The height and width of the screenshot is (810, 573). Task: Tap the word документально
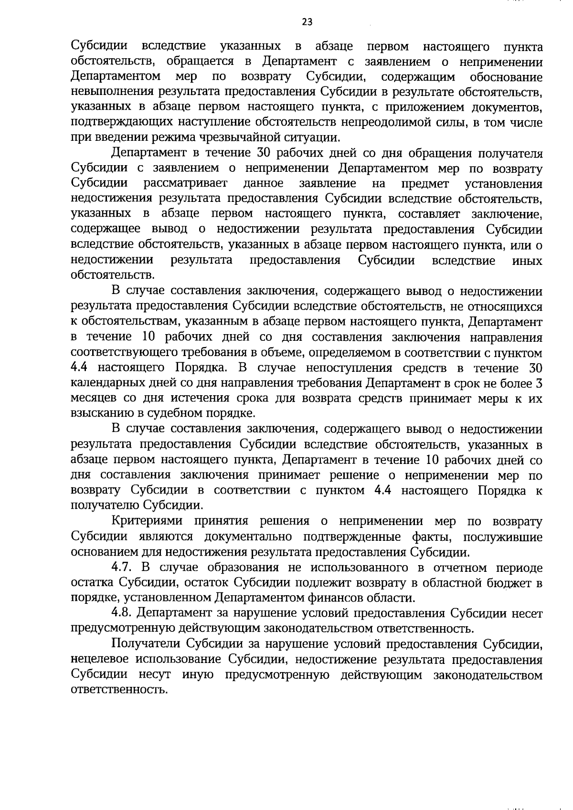pos(249,537)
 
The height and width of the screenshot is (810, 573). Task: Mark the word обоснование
pos(506,77)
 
